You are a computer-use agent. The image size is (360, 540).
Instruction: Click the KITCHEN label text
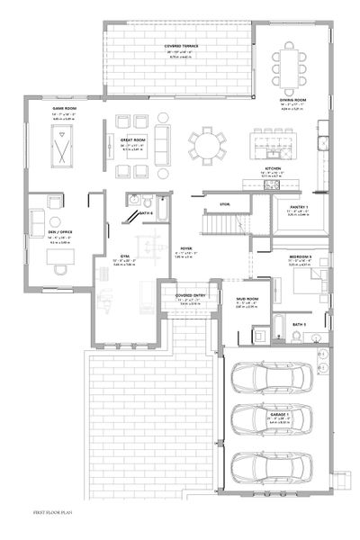pyautogui.click(x=274, y=167)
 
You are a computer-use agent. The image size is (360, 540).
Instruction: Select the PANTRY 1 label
pyautogui.click(x=299, y=206)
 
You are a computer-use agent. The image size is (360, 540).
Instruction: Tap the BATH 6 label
pyautogui.click(x=146, y=213)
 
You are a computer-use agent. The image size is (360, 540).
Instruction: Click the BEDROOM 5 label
pyautogui.click(x=301, y=256)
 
